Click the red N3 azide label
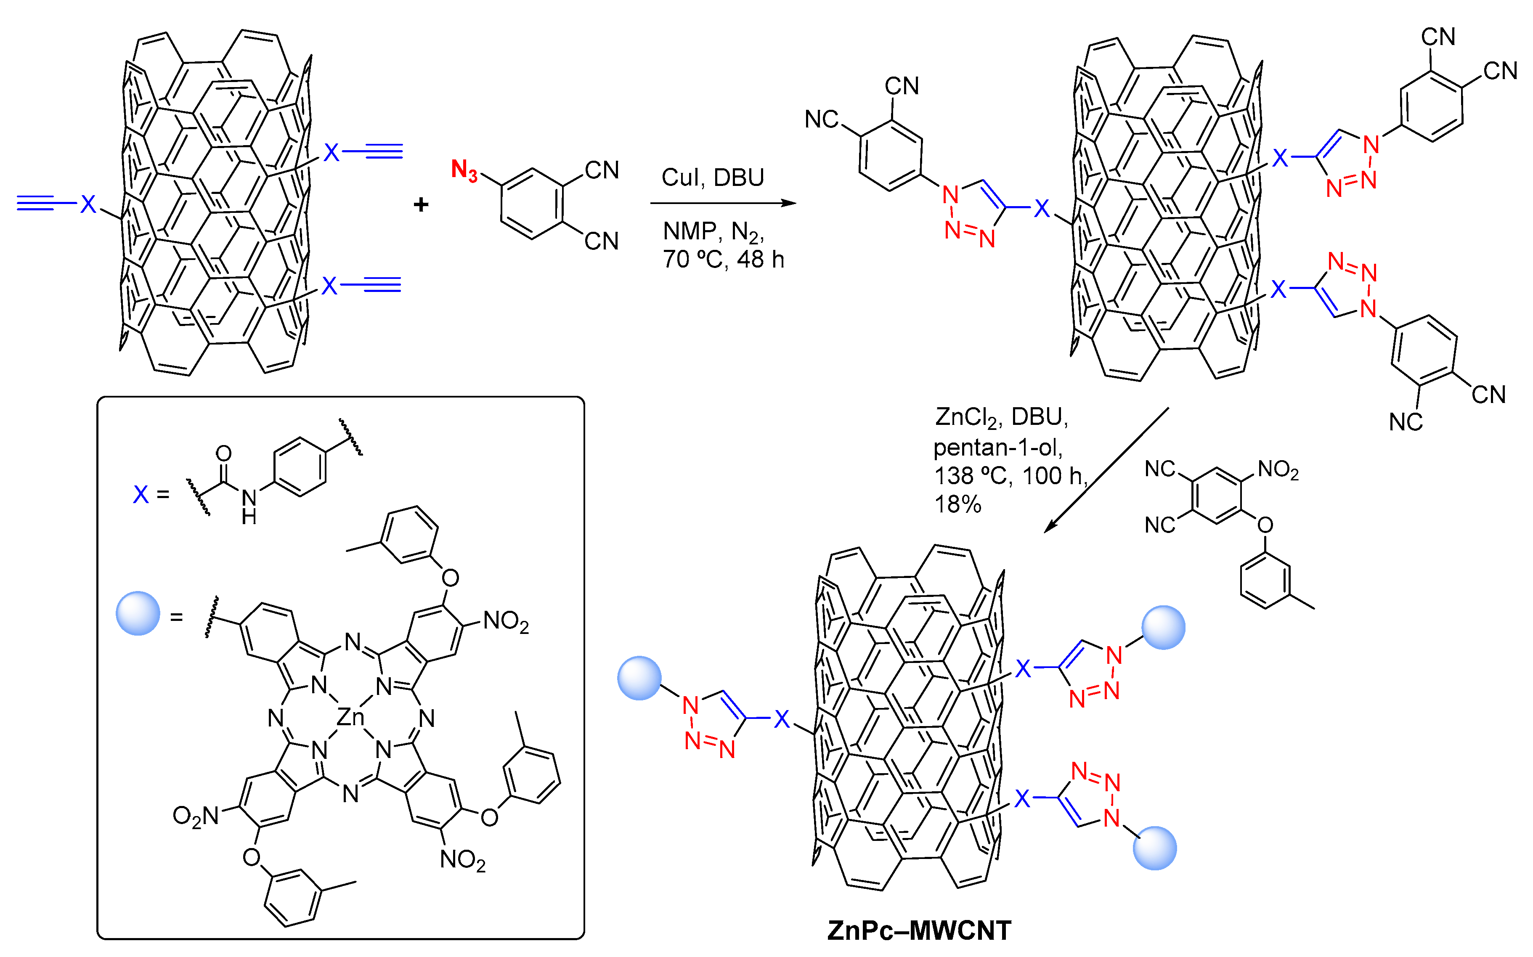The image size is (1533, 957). [x=464, y=170]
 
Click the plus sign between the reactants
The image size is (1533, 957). [x=421, y=204]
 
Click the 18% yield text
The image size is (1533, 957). [x=957, y=504]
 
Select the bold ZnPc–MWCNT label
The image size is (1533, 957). [x=919, y=930]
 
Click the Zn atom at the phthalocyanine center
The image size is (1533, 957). [x=350, y=717]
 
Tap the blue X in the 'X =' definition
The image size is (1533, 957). [x=141, y=494]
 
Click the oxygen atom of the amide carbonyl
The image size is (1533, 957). [x=223, y=453]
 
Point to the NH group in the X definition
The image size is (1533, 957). [x=249, y=506]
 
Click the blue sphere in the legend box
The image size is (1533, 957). [x=138, y=613]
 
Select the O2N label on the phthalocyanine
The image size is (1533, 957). [x=196, y=816]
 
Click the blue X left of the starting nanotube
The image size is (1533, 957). [x=88, y=204]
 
